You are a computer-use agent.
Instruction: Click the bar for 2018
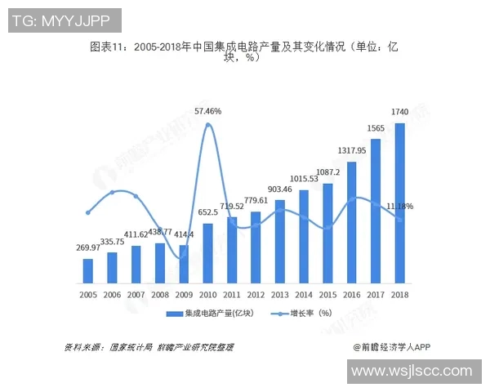pyautogui.click(x=400, y=203)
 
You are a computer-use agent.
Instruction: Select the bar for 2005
pyautogui.click(x=87, y=271)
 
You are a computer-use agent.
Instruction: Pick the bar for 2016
pyautogui.click(x=352, y=222)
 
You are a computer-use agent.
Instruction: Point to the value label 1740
pyautogui.click(x=400, y=112)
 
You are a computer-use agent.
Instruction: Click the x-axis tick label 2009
pyautogui.click(x=184, y=294)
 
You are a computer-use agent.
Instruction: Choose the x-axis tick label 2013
pyautogui.click(x=280, y=294)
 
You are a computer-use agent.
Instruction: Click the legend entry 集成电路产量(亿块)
pyautogui.click(x=205, y=313)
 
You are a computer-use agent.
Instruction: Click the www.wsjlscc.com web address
pyautogui.click(x=412, y=372)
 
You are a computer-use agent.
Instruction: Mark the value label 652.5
pyautogui.click(x=208, y=212)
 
